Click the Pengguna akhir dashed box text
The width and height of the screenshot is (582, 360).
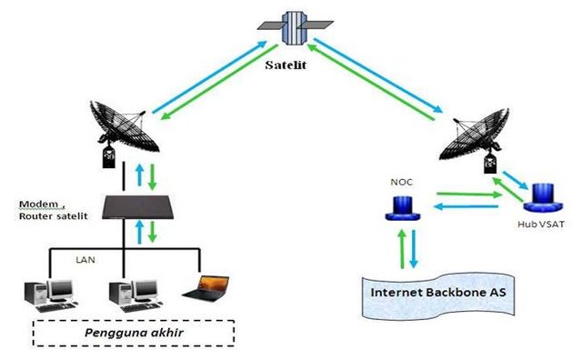point(134,332)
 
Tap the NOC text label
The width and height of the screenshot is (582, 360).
point(401,180)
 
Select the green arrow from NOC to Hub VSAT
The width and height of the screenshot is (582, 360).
point(467,194)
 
